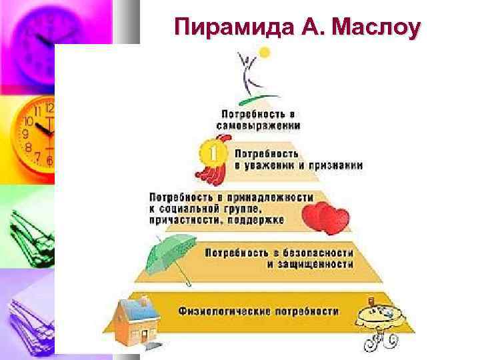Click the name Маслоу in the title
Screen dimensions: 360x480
click(377, 27)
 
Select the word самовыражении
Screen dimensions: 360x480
click(258, 125)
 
